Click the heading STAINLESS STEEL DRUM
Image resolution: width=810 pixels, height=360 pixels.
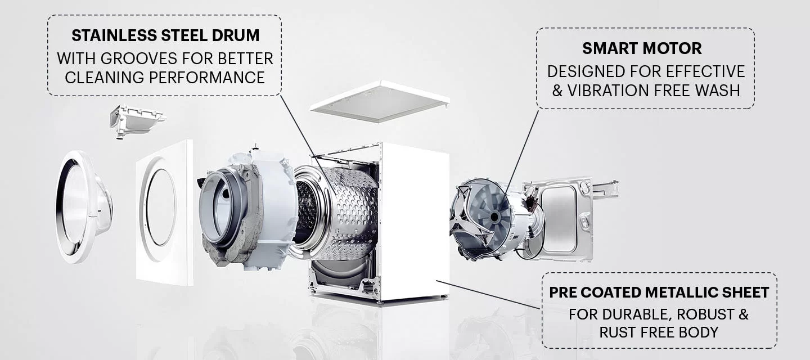click(165, 35)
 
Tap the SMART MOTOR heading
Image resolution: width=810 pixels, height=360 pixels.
click(642, 48)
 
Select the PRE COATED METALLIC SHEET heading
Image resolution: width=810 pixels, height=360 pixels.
click(659, 292)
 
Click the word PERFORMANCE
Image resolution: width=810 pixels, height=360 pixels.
click(207, 78)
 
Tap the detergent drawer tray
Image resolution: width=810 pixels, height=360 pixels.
click(137, 120)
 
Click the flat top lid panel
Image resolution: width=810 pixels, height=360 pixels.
click(380, 102)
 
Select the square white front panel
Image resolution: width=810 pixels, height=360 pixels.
click(164, 212)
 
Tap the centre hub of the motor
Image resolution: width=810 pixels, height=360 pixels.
click(494, 217)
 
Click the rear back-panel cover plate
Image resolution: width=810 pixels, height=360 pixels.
click(559, 218)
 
